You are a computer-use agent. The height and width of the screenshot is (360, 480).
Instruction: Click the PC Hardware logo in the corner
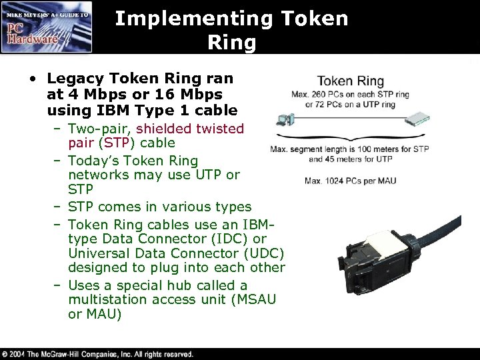[47, 27]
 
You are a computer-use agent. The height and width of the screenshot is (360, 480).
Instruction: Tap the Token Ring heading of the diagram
[349, 81]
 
